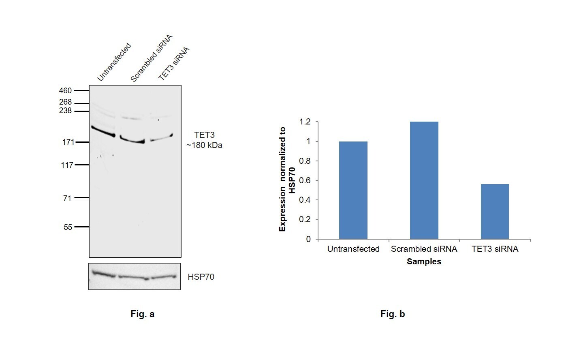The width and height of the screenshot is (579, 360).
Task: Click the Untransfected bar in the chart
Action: [x=353, y=190]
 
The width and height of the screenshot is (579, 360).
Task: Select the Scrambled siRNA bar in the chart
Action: [x=424, y=180]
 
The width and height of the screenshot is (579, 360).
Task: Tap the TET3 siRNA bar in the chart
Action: [x=495, y=211]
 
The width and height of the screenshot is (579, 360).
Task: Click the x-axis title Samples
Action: [x=424, y=261]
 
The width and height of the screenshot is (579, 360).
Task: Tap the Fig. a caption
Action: [x=142, y=314]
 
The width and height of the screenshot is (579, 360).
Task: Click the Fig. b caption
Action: [x=392, y=314]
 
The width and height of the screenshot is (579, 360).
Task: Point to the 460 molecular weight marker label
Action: [x=65, y=90]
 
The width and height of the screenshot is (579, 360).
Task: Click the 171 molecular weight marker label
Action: [x=68, y=142]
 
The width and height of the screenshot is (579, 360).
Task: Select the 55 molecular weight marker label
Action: [x=68, y=227]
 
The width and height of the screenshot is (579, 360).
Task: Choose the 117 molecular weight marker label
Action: [x=67, y=165]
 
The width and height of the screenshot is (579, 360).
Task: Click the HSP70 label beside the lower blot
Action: [x=201, y=277]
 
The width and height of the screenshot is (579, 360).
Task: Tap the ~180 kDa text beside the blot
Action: [x=204, y=145]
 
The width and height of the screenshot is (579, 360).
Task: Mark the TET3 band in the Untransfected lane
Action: [x=103, y=131]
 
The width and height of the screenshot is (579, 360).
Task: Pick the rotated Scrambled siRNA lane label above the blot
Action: [x=151, y=58]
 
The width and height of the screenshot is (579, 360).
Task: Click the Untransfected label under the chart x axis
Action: [x=353, y=249]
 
